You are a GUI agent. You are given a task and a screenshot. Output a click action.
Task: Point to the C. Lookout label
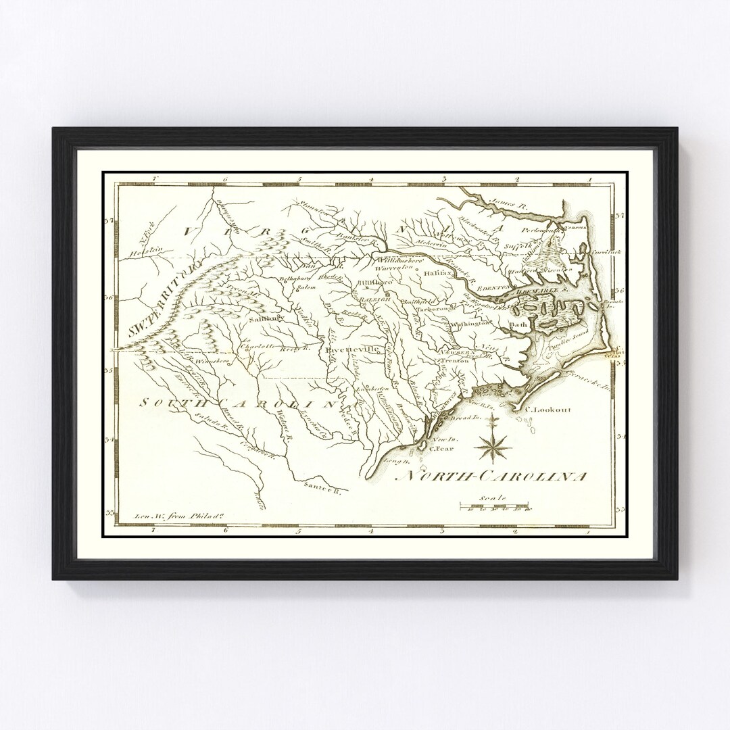pyautogui.click(x=547, y=410)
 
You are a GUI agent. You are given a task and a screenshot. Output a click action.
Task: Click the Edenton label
pyautogui.click(x=491, y=288)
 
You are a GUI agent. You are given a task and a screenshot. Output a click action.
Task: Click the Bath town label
pyautogui.click(x=518, y=324)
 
